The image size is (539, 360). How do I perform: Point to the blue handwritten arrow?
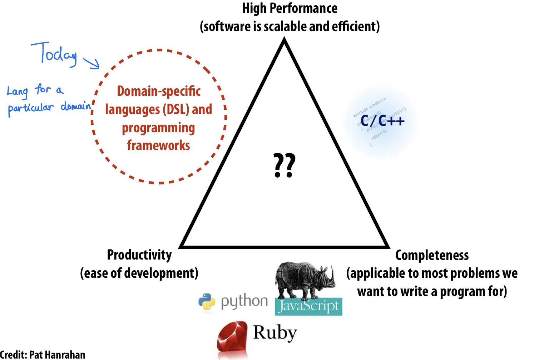click(x=92, y=62)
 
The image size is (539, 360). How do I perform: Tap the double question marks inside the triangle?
click(x=284, y=166)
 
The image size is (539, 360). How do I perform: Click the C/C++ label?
click(x=382, y=121)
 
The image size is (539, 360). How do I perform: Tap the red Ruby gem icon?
click(x=232, y=339)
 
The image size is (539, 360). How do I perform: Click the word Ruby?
click(x=275, y=333)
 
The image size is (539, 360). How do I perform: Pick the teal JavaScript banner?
click(x=308, y=306)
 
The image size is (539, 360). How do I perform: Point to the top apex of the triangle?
click(x=285, y=40)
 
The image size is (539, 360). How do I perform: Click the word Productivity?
click(x=139, y=255)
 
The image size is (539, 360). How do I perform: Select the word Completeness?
click(x=432, y=255)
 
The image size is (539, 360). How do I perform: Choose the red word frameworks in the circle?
click(x=158, y=146)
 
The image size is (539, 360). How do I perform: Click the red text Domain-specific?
click(x=159, y=91)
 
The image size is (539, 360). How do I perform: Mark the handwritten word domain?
click(x=76, y=106)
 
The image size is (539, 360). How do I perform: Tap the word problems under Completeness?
click(x=461, y=273)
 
